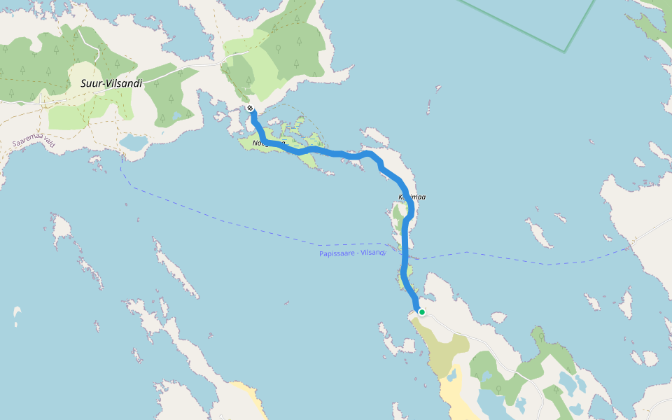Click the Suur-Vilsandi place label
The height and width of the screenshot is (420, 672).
point(111,83)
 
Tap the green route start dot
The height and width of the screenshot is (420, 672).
point(421,312)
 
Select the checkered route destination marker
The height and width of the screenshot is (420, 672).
point(250,108)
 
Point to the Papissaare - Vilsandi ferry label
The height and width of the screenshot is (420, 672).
point(351,253)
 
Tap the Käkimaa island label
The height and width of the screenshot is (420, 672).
point(412,197)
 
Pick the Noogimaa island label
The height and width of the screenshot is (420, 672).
point(268,143)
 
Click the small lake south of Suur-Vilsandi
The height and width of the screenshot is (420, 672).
point(133,143)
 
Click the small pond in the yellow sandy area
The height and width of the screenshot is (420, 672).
point(451,377)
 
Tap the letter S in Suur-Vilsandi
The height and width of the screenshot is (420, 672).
point(83,83)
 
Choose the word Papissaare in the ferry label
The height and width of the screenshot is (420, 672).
point(335,253)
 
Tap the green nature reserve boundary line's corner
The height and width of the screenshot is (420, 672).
point(564,52)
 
